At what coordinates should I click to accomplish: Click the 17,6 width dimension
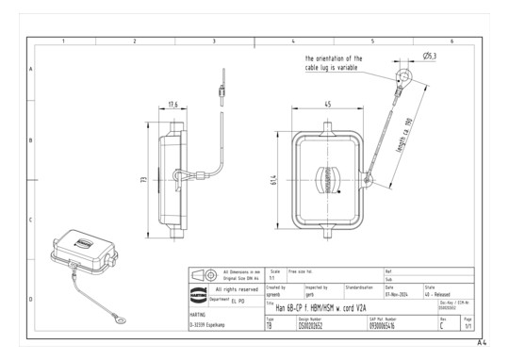coord(173,105)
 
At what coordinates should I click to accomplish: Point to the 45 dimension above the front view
coord(326,105)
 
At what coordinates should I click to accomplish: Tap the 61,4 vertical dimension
coord(272,180)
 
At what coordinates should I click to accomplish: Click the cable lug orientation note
coord(333,63)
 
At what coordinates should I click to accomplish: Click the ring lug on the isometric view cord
coord(122,320)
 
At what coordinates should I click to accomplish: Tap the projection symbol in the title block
coord(198,303)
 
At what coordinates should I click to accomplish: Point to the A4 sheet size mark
coord(482,343)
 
